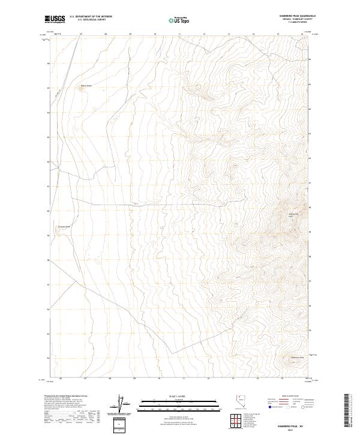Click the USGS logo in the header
pyautogui.click(x=55, y=19)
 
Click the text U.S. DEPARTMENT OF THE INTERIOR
pyautogui.click(x=91, y=17)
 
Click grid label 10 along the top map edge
pyautogui.click(x=155, y=34)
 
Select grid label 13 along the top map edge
pyautogui.click(x=229, y=34)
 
